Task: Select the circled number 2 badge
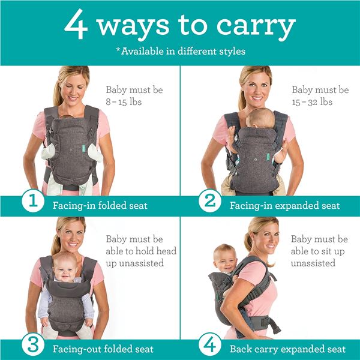click(x=209, y=200)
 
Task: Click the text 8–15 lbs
click(x=124, y=102)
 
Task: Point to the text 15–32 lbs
click(x=311, y=102)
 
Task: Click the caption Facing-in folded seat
click(x=99, y=206)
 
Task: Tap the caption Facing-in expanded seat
click(x=284, y=206)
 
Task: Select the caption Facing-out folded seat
click(x=103, y=349)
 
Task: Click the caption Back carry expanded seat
click(x=287, y=349)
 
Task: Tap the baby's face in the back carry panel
click(x=226, y=258)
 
